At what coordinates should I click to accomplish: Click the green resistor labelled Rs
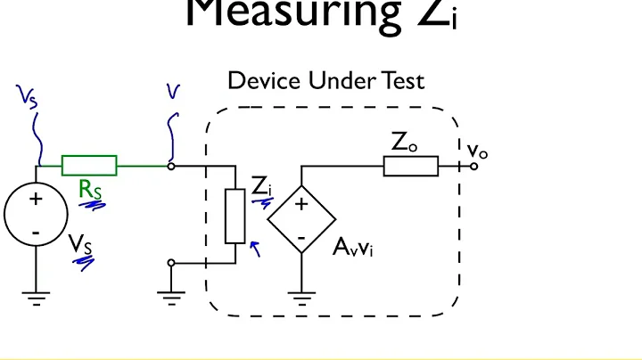click(88, 165)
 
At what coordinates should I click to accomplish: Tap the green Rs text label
click(90, 189)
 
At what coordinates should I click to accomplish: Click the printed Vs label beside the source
click(81, 241)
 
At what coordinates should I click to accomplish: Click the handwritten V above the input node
click(172, 92)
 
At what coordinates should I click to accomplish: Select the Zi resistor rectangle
click(235, 216)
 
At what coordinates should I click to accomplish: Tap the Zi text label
click(260, 187)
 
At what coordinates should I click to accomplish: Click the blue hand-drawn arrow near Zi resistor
click(257, 248)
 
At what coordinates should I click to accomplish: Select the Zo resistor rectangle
click(411, 166)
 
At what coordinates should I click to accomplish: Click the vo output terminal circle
click(474, 166)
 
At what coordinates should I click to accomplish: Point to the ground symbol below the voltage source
click(36, 299)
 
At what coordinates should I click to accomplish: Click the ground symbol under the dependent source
click(302, 299)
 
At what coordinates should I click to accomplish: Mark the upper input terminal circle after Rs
click(171, 165)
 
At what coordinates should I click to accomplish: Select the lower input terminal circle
click(171, 263)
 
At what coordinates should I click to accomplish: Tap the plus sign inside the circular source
click(36, 200)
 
